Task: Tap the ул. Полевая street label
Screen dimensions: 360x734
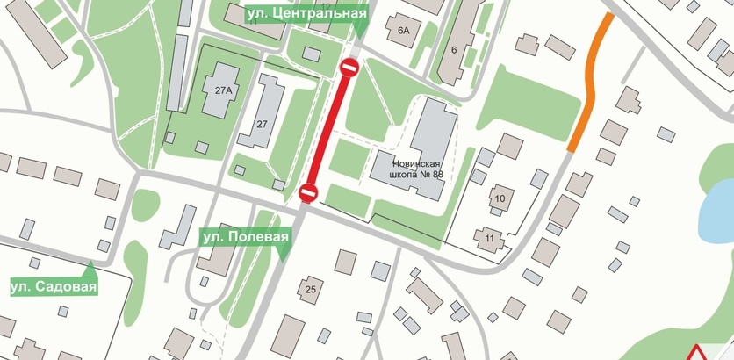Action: click(244, 237)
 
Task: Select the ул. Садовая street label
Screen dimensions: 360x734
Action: click(53, 287)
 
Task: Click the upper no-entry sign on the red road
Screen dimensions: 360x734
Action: click(349, 67)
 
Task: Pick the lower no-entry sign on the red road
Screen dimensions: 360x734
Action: click(306, 191)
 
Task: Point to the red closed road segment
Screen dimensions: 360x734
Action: click(328, 129)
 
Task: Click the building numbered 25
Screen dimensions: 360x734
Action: click(310, 288)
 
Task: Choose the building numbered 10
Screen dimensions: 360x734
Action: click(500, 198)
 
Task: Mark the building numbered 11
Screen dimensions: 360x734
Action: click(488, 237)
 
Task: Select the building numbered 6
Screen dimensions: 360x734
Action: click(454, 49)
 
